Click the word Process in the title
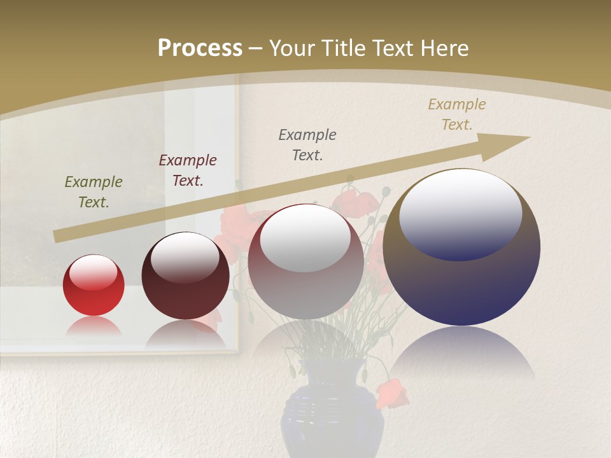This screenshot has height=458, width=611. tap(200, 48)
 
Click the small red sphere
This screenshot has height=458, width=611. tap(94, 285)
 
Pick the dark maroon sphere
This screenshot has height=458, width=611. tap(185, 280)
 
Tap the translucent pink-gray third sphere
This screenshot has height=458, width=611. tap(305, 286)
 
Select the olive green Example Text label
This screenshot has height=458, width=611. tap(94, 192)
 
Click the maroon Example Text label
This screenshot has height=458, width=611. tap(188, 170)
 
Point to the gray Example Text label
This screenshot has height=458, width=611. tap(307, 145)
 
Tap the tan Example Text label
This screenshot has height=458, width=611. tap(457, 114)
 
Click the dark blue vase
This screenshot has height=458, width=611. tap(332, 413)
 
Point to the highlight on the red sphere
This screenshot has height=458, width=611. tap(93, 272)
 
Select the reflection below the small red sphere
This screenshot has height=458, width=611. tap(94, 327)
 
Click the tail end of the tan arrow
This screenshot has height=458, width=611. tap(57, 237)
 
